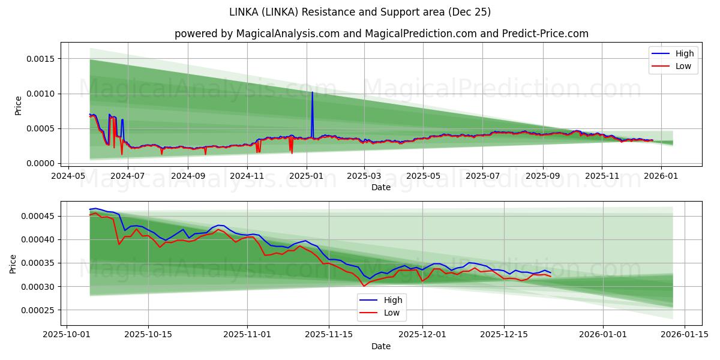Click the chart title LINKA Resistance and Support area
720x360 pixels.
pos(360,12)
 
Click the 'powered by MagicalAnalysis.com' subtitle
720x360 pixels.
pos(381,34)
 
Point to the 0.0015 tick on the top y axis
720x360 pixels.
pos(40,59)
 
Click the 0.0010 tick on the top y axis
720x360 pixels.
pos(40,94)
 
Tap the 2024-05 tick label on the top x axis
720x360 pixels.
pos(68,176)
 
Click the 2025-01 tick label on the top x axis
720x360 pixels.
pos(306,176)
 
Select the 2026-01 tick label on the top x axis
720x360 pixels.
pos(661,176)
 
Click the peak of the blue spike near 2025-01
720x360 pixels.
pos(312,92)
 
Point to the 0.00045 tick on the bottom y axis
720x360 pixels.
pos(37,216)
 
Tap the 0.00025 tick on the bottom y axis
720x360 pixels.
pos(37,310)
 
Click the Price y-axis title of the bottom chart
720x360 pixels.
pos(14,263)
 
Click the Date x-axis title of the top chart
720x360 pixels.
pos(381,187)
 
